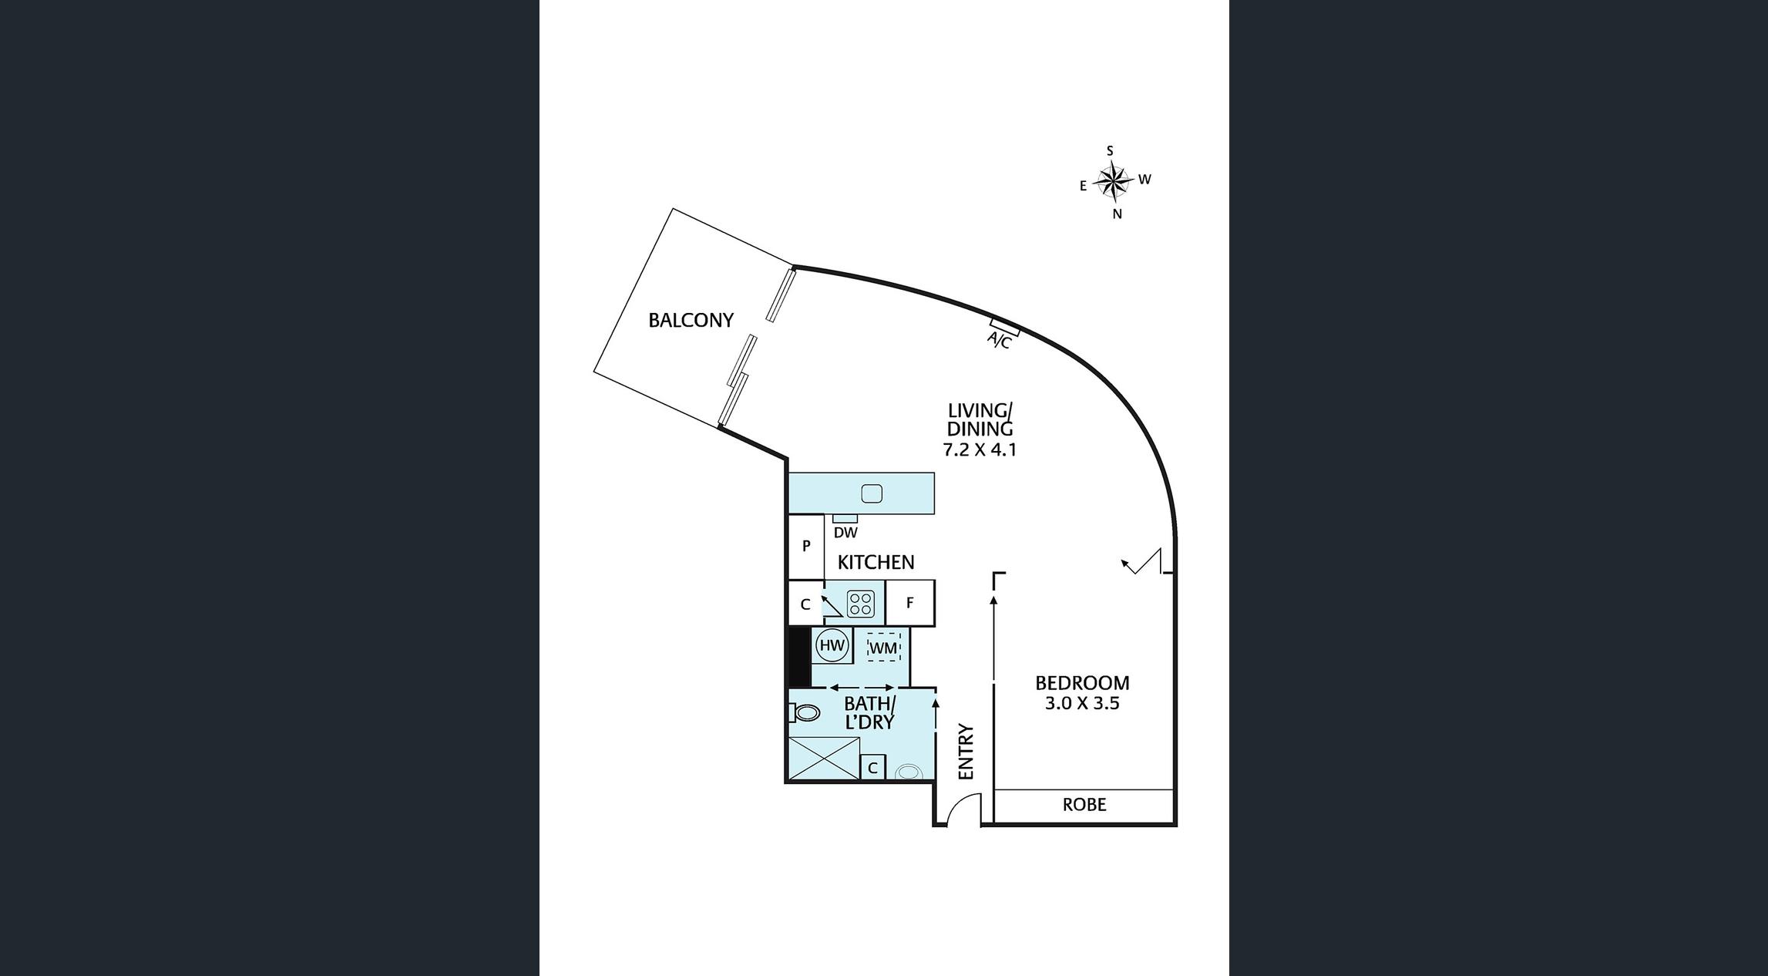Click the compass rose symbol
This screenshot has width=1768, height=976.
coord(1112,183)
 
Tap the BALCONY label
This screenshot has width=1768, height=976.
coord(691,320)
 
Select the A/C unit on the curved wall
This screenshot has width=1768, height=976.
coord(1005,327)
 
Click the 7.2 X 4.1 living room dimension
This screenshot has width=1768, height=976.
coord(980,449)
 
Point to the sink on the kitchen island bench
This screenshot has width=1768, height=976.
coord(872,493)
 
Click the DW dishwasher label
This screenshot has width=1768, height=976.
coord(845,533)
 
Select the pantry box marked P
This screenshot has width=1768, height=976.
coord(806,547)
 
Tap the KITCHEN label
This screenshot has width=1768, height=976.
coord(876,563)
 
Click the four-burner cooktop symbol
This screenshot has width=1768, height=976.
coord(860,604)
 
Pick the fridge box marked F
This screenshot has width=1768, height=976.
coord(910,603)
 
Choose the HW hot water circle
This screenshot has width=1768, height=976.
coord(832,645)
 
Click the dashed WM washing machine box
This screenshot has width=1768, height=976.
coord(883,648)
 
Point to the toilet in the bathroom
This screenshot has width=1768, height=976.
coord(804,712)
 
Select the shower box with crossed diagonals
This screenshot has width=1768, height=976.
coord(824,759)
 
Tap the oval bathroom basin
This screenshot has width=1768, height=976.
coord(909,771)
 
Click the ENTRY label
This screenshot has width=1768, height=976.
coord(966,752)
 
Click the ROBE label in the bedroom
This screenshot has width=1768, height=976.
coord(1084,805)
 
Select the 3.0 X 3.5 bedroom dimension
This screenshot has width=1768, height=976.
coord(1082,703)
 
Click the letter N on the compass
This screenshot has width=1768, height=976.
coord(1117,214)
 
